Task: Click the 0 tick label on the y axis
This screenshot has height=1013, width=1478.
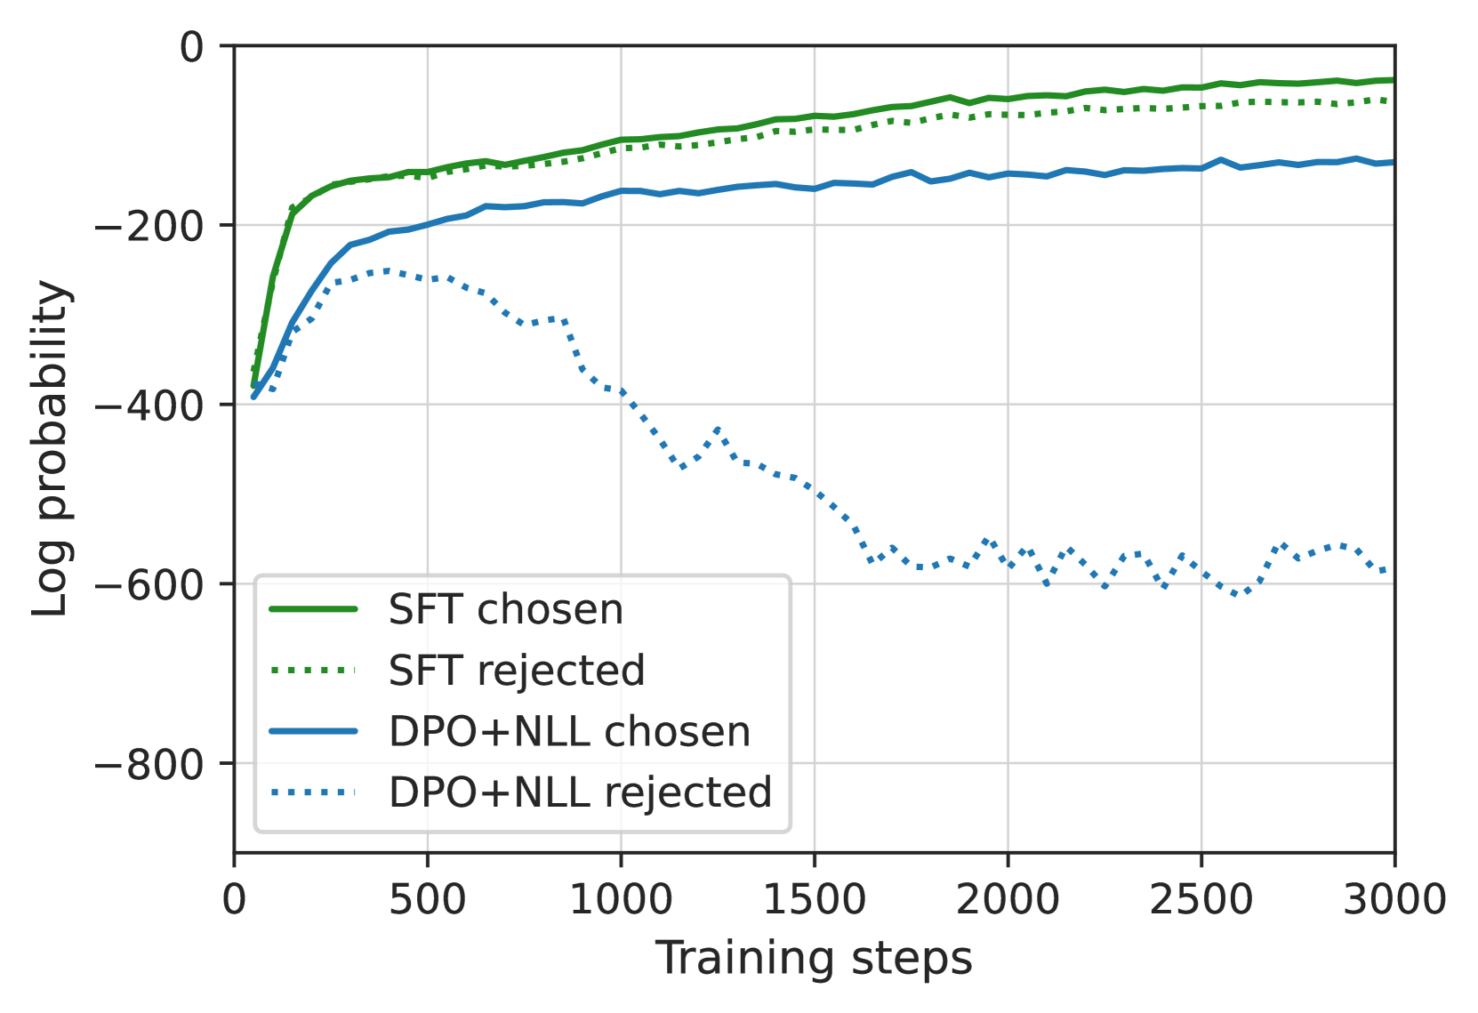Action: [192, 46]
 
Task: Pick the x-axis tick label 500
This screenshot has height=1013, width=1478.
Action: [427, 900]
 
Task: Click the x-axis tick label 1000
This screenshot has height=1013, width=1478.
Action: [621, 900]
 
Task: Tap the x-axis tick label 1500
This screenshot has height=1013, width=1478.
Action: [814, 900]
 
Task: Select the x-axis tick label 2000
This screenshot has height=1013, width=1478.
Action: [1008, 900]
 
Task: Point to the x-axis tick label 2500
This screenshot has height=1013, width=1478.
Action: [1201, 900]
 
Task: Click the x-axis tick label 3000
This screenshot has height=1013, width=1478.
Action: [1394, 900]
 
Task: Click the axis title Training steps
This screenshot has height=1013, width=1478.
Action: [814, 960]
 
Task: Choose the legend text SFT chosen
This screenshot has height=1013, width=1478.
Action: [506, 610]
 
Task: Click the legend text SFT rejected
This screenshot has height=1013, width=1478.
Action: [517, 671]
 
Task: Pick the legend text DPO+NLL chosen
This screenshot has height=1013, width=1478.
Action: [569, 732]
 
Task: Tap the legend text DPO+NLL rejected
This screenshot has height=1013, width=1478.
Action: [580, 792]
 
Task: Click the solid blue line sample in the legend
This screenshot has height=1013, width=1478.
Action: [313, 732]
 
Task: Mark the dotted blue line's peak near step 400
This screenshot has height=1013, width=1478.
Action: [388, 269]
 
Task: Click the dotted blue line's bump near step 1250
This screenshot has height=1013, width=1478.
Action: [717, 430]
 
